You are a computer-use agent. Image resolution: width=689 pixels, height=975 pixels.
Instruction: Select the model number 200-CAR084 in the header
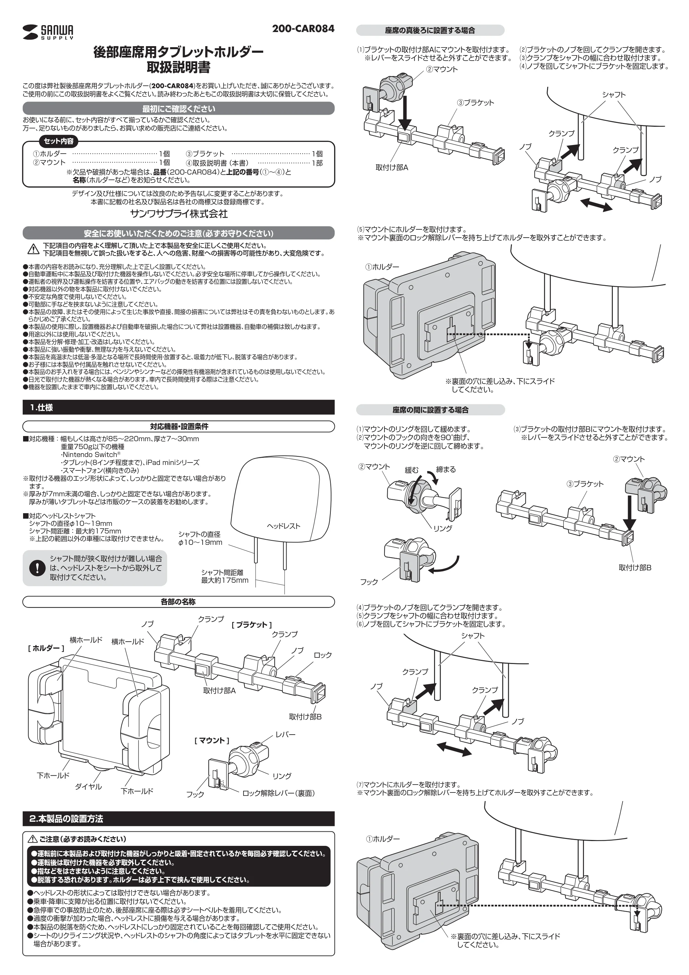pos(303,29)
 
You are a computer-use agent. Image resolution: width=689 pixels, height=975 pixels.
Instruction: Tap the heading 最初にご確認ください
pos(178,109)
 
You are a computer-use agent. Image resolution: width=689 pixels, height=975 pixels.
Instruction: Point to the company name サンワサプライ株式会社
pos(178,214)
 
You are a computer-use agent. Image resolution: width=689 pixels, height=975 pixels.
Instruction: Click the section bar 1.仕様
pos(178,407)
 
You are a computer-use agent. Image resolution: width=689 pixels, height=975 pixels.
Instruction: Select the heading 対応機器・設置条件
pos(178,426)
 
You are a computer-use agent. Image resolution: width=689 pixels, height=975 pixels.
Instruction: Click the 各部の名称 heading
pos(178,602)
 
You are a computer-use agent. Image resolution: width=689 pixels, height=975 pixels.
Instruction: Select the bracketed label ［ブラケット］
pos(251,625)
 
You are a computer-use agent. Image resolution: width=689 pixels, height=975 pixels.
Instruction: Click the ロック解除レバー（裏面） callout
pos(278,793)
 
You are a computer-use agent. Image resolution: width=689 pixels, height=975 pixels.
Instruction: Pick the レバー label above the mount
pos(286,734)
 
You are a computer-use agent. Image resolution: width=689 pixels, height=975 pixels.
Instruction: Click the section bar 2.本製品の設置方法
pos(178,818)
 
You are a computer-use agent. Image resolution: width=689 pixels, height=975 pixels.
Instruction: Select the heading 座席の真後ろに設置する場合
pos(430,30)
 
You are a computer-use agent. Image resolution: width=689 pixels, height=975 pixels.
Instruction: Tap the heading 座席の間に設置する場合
pos(430,410)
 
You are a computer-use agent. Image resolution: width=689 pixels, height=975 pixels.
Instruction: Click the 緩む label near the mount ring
pos(412,470)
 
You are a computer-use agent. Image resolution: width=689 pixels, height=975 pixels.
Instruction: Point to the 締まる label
pos(446,469)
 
